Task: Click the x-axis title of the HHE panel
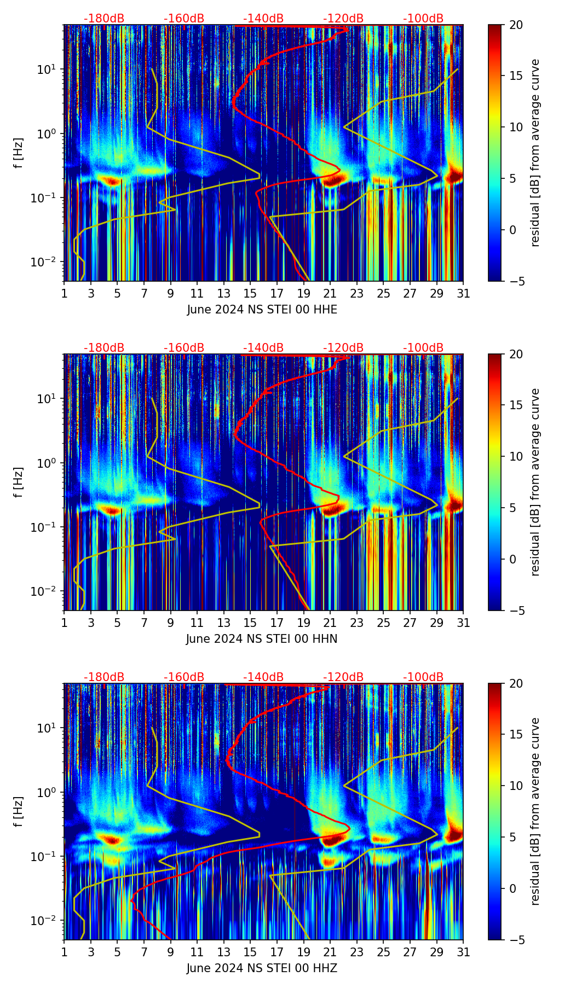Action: pyautogui.click(x=262, y=310)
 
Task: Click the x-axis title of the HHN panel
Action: pyautogui.click(x=262, y=639)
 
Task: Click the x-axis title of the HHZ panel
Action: pyautogui.click(x=262, y=968)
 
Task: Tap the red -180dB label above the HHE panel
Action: pyautogui.click(x=104, y=19)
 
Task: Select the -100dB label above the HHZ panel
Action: pyautogui.click(x=423, y=677)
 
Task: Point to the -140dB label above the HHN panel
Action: pyautogui.click(x=263, y=348)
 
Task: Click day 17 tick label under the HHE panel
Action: pyautogui.click(x=277, y=294)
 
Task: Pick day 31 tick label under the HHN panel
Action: pyautogui.click(x=463, y=623)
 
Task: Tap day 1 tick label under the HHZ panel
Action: pyautogui.click(x=64, y=952)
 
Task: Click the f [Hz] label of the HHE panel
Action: pyautogui.click(x=19, y=153)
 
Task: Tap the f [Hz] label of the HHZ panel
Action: pyautogui.click(x=19, y=812)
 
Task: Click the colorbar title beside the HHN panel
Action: pyautogui.click(x=535, y=482)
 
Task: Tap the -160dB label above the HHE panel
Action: pyautogui.click(x=184, y=19)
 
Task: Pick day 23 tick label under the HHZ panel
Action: pyautogui.click(x=356, y=952)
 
